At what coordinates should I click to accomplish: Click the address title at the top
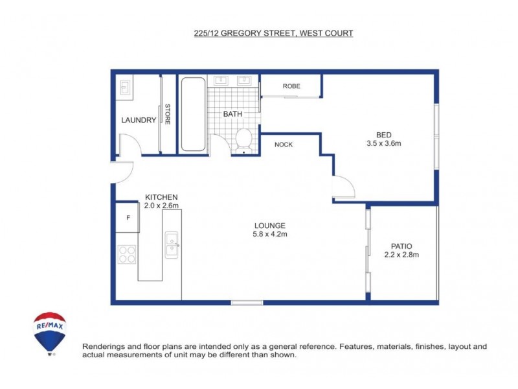click(x=274, y=33)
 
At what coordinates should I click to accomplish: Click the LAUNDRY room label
click(x=139, y=120)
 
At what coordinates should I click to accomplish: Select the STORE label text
click(x=167, y=115)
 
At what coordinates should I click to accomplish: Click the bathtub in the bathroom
click(x=193, y=114)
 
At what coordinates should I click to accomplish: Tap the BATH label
click(x=232, y=114)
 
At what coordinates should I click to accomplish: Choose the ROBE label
click(x=291, y=86)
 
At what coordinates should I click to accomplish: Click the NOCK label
click(x=284, y=145)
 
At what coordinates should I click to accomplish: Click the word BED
click(x=384, y=135)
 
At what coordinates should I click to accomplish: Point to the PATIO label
click(x=401, y=246)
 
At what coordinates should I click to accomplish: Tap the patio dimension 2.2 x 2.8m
click(x=401, y=255)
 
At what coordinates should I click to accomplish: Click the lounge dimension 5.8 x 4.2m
click(x=270, y=234)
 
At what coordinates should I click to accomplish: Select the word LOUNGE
click(x=270, y=225)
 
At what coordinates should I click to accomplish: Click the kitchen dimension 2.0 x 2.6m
click(x=161, y=206)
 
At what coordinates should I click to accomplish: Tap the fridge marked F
click(x=128, y=217)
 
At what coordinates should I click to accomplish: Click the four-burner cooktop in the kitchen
click(x=127, y=254)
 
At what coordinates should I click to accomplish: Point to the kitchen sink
click(x=172, y=244)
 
